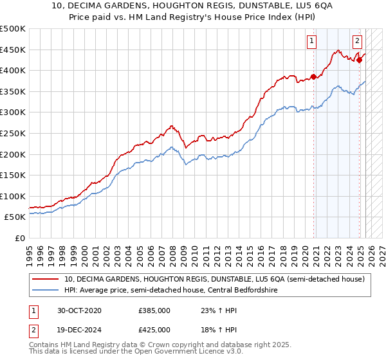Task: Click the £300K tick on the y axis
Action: (x=13, y=112)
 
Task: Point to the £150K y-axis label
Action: (x=13, y=175)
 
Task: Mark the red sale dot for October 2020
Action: (x=314, y=76)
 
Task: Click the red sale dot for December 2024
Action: (x=359, y=60)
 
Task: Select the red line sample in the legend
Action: (x=45, y=279)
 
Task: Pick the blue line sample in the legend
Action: (x=45, y=290)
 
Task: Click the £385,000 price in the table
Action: (x=154, y=310)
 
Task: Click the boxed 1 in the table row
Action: (x=32, y=310)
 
